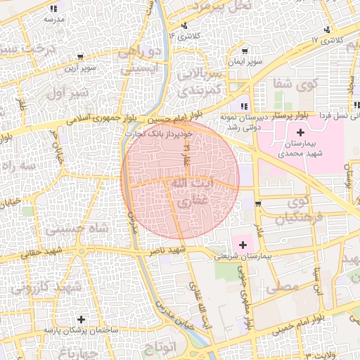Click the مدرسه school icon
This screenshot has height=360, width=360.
pos(54,9)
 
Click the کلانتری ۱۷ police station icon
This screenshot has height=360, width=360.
pos(326,30)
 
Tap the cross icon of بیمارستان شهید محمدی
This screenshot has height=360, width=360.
pos(301,132)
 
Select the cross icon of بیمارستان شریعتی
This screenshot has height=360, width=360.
pos(243,245)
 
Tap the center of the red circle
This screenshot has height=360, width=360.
pos(181,179)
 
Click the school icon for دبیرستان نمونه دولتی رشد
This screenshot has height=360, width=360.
pos(243,106)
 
